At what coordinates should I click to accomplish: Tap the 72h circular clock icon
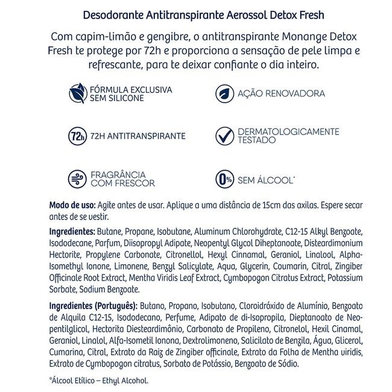click(x=77, y=136)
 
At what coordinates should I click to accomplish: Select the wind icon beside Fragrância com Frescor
click(x=77, y=179)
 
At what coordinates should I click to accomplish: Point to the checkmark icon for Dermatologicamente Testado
click(x=224, y=136)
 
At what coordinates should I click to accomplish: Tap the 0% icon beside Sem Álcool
click(x=224, y=179)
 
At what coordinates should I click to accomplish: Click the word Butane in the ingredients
click(x=112, y=232)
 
